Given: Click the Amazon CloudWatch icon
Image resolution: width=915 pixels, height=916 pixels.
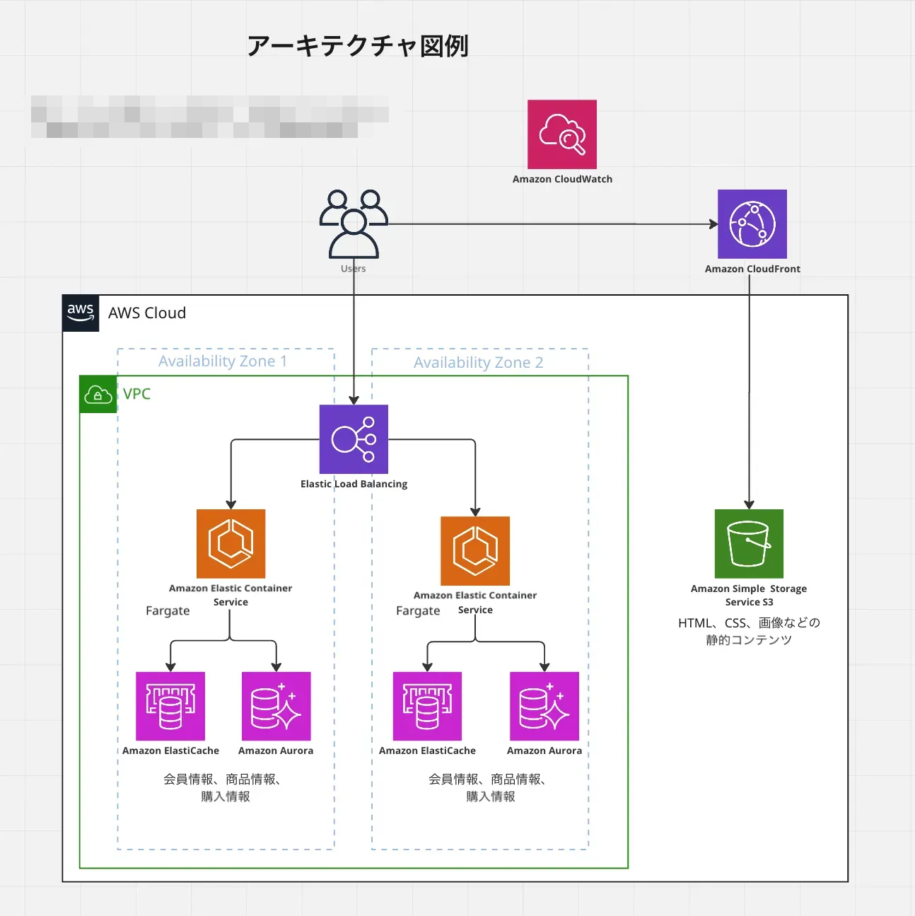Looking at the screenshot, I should (562, 134).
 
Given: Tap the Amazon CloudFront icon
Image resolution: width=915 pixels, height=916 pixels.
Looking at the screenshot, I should (752, 224).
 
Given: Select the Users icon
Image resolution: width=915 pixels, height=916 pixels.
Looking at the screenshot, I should (354, 224).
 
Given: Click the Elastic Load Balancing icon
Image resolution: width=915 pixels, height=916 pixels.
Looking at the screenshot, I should (354, 439).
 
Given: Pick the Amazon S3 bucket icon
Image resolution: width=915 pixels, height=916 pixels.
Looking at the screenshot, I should (749, 544).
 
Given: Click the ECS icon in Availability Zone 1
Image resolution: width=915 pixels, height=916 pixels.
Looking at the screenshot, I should (231, 544).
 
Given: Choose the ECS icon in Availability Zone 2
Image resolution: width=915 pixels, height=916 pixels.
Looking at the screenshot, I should (475, 551).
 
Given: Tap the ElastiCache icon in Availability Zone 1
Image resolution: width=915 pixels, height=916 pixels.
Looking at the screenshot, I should (170, 706).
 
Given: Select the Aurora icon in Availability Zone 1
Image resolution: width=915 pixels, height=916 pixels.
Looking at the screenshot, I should (276, 706).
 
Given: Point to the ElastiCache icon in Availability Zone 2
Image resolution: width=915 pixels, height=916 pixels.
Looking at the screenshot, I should (427, 706).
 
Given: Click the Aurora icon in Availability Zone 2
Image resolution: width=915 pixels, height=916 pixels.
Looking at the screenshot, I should (544, 706).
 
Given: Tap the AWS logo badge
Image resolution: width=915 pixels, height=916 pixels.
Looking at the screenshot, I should (81, 313).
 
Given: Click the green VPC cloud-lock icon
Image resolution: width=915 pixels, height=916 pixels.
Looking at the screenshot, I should (98, 395).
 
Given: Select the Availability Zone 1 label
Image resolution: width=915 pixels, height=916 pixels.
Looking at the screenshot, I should (223, 361).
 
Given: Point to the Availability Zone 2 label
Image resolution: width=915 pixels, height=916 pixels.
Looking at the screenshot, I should (479, 363).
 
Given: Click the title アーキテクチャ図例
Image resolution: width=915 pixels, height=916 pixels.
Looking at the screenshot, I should (358, 46).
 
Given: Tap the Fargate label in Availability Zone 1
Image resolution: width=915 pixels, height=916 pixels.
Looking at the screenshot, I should (168, 610).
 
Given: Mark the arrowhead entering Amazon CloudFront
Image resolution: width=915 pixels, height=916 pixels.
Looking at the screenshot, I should (713, 224).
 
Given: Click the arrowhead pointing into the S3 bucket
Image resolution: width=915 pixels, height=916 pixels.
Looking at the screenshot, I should (749, 504).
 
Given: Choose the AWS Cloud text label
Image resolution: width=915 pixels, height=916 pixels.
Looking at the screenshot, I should (147, 313).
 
